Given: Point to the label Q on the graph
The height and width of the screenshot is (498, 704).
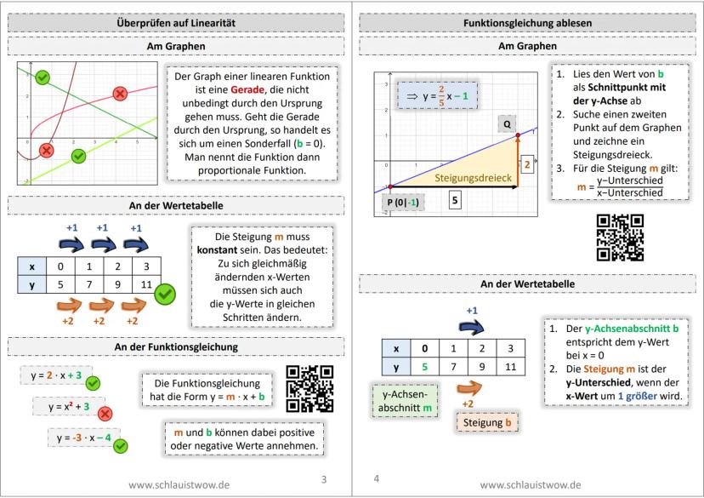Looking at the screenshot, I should [507, 124].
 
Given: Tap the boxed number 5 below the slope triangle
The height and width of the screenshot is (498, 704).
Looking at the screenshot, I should [455, 201].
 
